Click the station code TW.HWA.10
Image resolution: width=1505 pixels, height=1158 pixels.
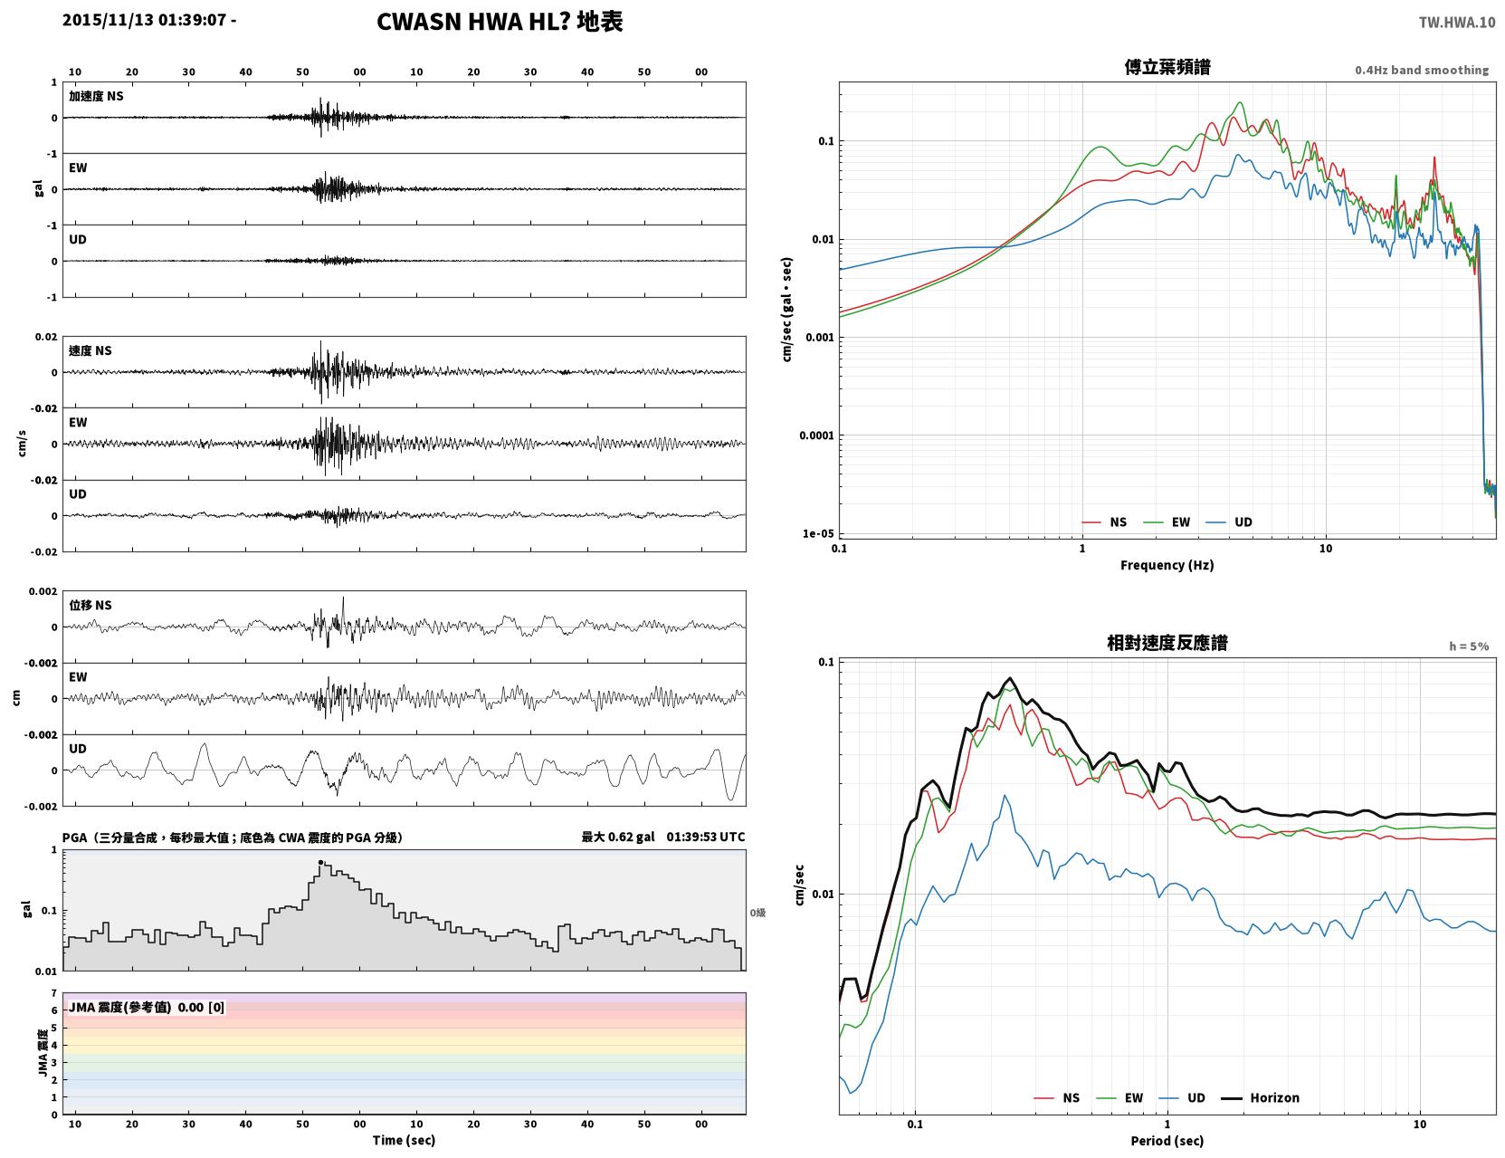[1456, 22]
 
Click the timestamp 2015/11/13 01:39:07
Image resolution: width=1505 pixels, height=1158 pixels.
[144, 19]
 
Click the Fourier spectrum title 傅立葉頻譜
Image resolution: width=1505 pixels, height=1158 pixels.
[1167, 67]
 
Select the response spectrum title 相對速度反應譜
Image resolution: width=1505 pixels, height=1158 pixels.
[1167, 643]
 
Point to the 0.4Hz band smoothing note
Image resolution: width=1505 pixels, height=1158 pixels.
[1421, 70]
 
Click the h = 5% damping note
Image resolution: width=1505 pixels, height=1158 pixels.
[1468, 646]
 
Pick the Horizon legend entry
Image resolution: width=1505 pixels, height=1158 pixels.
[1260, 1097]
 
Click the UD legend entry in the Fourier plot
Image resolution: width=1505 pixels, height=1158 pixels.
[1229, 522]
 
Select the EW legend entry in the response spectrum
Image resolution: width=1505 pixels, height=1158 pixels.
[1119, 1097]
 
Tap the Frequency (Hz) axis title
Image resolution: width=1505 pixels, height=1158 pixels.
[1167, 565]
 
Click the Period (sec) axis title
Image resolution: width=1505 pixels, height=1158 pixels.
[1167, 1141]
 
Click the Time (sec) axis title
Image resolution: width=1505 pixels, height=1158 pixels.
[404, 1140]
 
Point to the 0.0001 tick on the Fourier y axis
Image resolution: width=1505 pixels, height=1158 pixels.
[816, 435]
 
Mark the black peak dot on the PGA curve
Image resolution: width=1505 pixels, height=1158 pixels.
[320, 862]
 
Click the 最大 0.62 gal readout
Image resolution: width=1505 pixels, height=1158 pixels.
[618, 837]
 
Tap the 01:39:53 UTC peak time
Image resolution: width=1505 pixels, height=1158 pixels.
[706, 837]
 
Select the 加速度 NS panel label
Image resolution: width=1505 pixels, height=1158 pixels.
[96, 96]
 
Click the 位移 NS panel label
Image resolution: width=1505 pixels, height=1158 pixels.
[90, 606]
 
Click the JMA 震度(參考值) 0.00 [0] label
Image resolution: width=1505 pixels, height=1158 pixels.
[146, 1007]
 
